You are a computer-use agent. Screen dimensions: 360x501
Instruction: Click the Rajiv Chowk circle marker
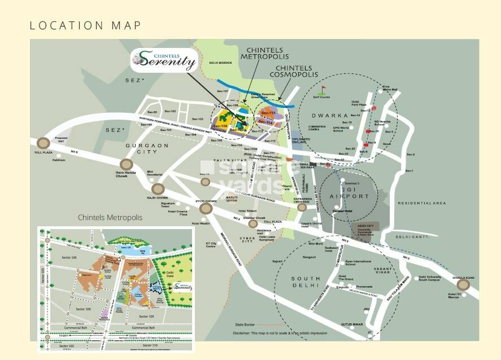click(x=159, y=189)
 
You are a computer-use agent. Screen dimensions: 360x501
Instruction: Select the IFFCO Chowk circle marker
click(x=206, y=208)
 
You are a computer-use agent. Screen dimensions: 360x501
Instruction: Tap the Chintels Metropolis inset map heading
click(x=110, y=217)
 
